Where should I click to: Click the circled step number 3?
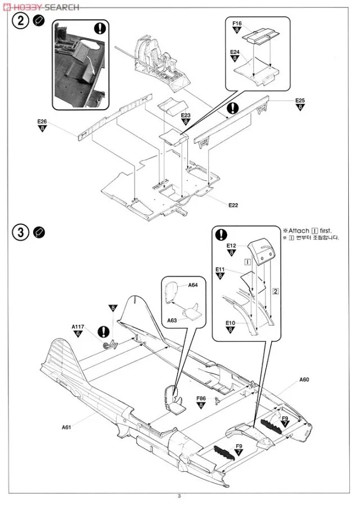[21, 232]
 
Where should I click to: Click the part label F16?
[236, 24]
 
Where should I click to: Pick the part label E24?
[235, 52]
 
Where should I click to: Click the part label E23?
[186, 115]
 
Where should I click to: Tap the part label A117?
[78, 326]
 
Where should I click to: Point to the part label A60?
[304, 379]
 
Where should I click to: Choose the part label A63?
[172, 320]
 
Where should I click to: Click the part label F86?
[201, 398]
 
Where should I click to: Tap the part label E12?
[231, 245]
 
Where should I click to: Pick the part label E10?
[230, 323]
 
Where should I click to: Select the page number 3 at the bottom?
[179, 495]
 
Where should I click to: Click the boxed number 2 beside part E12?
[276, 291]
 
